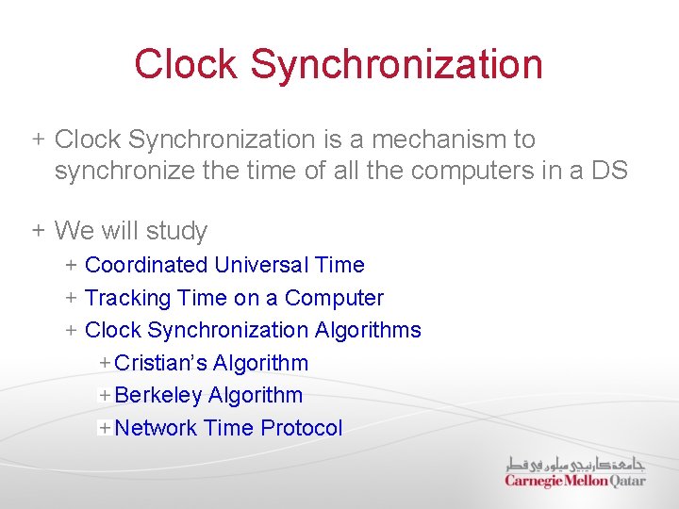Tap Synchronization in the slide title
click(x=397, y=64)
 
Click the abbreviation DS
click(x=608, y=171)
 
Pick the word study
click(x=178, y=231)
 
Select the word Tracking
click(x=126, y=298)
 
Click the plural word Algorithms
click(x=369, y=330)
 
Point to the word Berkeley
click(x=157, y=395)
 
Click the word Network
click(x=155, y=428)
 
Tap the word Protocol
click(x=302, y=428)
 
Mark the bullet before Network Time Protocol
click(x=104, y=428)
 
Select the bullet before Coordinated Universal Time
click(x=72, y=266)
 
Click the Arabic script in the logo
click(x=575, y=464)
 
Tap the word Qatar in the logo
click(x=627, y=481)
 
